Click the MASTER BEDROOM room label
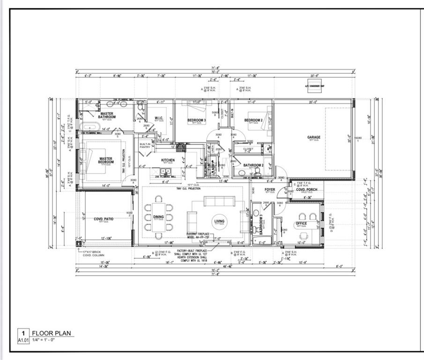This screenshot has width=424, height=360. (106, 160)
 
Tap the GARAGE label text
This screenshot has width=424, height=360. (313, 137)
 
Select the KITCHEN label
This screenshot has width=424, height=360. (168, 160)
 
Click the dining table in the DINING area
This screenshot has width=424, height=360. (158, 217)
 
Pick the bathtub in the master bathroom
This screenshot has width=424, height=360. (88, 127)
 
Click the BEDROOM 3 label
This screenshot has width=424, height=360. (196, 120)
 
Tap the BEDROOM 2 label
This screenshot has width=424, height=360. (253, 120)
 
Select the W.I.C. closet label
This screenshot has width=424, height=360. (158, 118)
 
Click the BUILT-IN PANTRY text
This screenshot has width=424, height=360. (145, 145)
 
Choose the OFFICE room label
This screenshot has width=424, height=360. (301, 223)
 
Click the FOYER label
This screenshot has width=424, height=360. (270, 189)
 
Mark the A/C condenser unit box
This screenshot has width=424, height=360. (311, 86)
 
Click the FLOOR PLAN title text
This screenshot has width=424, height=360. (52, 333)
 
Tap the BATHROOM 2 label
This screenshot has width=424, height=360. (253, 165)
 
